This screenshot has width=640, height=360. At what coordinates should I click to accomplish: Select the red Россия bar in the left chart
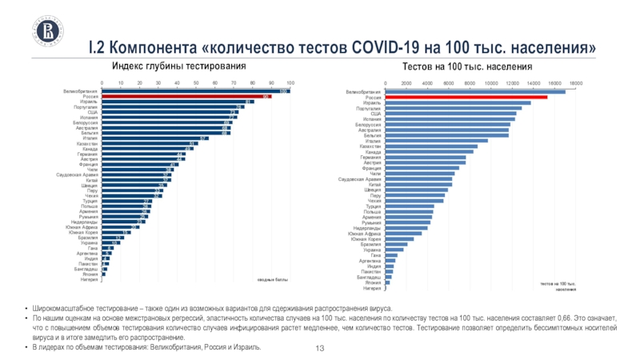pyautogui.click(x=186, y=97)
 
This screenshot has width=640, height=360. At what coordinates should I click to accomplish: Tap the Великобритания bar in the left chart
pyautogui.click(x=195, y=91)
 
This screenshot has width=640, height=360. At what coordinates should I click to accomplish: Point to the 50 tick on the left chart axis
pyautogui.click(x=196, y=82)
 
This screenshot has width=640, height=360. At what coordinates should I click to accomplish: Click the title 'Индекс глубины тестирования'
pyautogui.click(x=178, y=65)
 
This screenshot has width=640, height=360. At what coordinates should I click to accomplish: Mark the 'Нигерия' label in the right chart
pyautogui.click(x=372, y=288)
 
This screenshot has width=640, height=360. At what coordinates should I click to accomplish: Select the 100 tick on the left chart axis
pyautogui.click(x=290, y=82)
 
